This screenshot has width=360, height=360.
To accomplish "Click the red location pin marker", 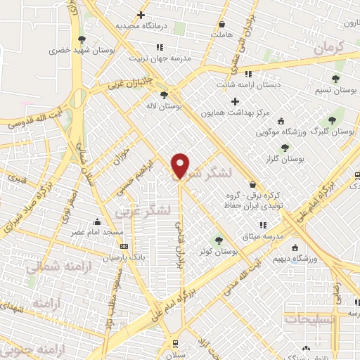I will tap(181, 165).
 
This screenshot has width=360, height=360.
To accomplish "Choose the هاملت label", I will tap(221, 33).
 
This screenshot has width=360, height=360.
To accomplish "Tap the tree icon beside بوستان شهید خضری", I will tap(82, 39).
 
